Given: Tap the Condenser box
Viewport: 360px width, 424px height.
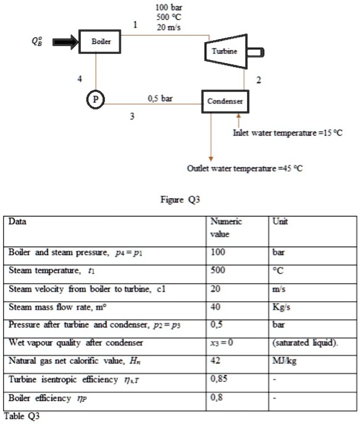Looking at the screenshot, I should (x=224, y=101).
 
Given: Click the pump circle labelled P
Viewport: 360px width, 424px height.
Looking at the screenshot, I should (x=95, y=99).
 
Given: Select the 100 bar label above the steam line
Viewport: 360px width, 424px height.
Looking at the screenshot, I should (x=168, y=7).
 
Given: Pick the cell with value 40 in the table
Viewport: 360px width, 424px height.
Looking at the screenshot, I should (x=216, y=306).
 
